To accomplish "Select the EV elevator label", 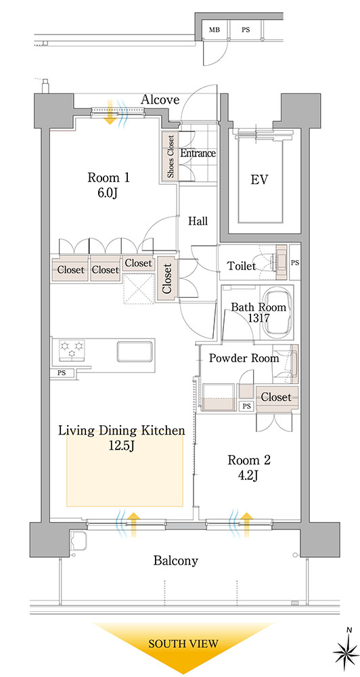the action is click(259, 180).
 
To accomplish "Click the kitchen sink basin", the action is click(135, 351).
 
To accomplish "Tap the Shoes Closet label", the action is click(171, 156).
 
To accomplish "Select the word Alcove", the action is click(160, 100).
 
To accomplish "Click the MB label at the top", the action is click(214, 30).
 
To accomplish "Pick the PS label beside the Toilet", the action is click(295, 262).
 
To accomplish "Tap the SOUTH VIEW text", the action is click(183, 644).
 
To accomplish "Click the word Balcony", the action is click(176, 561).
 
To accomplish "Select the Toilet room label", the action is click(242, 266).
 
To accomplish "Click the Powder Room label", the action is click(244, 358).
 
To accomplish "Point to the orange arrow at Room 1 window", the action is click(110, 112).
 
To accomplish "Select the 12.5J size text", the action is click(122, 445).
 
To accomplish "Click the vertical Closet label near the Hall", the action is click(167, 278).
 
